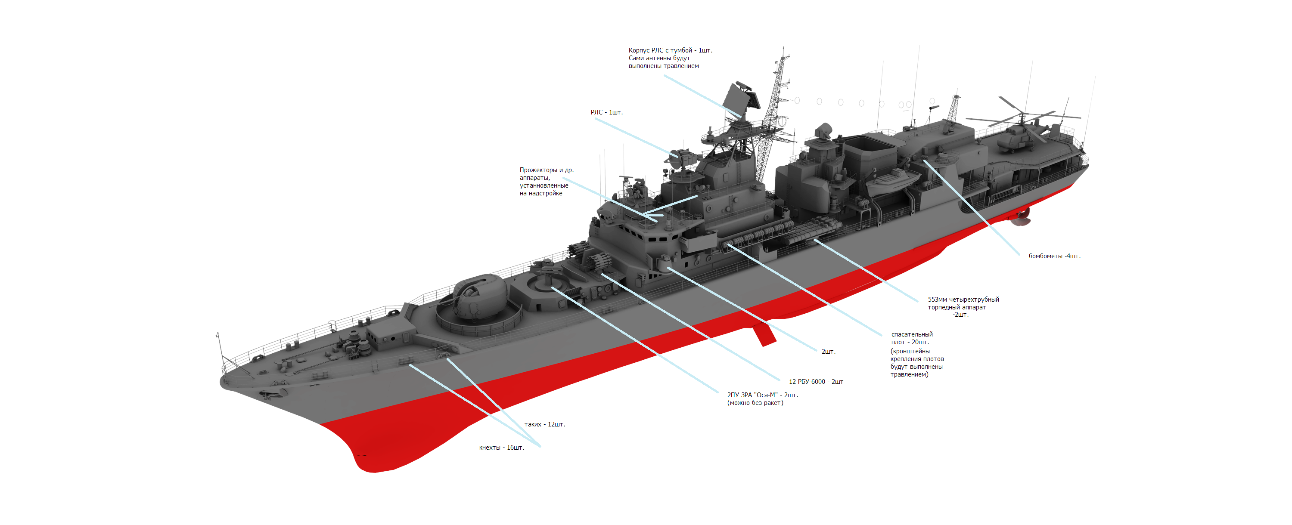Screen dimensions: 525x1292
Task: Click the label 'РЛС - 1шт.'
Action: [606, 112]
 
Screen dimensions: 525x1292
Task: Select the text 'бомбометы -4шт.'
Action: [1054, 256]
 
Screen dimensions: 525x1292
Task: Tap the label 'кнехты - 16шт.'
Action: [501, 448]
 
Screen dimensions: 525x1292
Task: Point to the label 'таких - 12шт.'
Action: [544, 424]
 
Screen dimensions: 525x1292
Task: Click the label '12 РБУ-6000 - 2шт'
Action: [816, 382]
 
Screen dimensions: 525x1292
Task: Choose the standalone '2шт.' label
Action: [828, 352]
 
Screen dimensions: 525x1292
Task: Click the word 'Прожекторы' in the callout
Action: [538, 170]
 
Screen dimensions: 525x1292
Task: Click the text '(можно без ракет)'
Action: [755, 403]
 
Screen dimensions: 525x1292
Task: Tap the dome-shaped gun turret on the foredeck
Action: [479, 296]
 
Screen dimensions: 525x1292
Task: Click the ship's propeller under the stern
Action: [1020, 217]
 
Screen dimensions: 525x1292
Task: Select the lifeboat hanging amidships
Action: [892, 181]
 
